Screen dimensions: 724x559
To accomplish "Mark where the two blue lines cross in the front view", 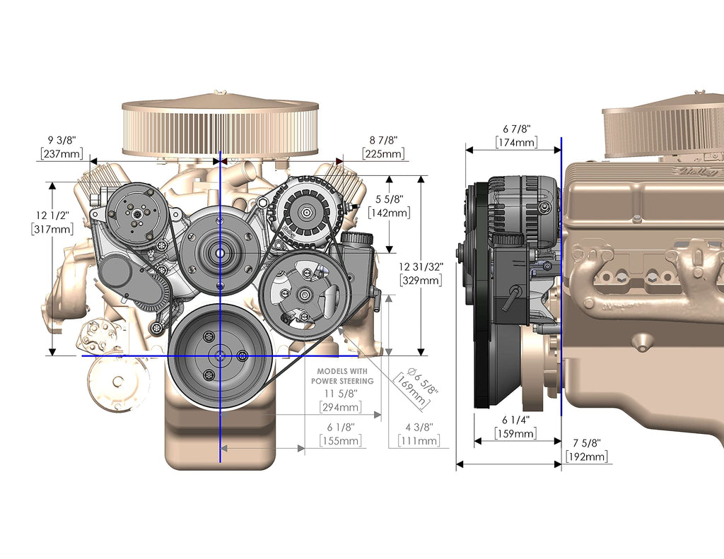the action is [221, 356].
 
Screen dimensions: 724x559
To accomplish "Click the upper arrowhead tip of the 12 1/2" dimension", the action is [52, 182].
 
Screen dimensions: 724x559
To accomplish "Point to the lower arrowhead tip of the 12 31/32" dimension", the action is [421, 355].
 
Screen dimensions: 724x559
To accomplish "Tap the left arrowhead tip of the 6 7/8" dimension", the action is [466, 150].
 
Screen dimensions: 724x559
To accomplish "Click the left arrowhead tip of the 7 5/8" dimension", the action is [456, 464].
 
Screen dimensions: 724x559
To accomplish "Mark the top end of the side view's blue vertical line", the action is [561, 138].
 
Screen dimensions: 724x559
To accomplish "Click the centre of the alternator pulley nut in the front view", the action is [306, 213].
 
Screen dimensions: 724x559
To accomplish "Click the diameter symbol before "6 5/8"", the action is [412, 371].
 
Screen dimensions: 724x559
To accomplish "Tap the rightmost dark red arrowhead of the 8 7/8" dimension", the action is [340, 161].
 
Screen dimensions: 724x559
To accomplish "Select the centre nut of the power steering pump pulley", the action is [303, 294].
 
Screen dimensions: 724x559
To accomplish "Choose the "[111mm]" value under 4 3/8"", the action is [419, 441].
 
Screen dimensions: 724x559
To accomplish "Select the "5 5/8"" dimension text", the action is [389, 199].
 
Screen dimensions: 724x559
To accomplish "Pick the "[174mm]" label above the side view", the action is [517, 142].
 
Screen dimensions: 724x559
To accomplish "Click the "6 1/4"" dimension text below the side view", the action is [515, 420].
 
